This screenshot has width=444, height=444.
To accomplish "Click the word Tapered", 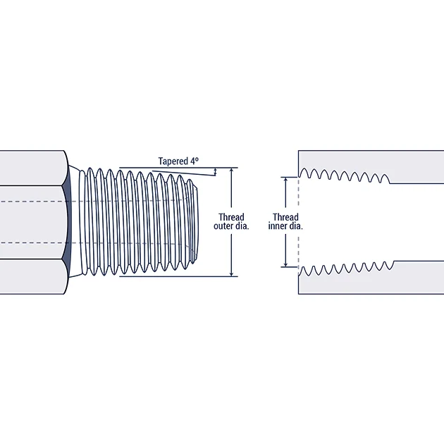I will (173, 161).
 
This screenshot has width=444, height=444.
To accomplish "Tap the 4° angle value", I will (195, 161).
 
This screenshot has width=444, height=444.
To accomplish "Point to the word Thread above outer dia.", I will (231, 217).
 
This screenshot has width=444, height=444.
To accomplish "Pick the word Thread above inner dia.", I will (285, 217).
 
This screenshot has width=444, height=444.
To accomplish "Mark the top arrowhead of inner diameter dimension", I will (285, 180).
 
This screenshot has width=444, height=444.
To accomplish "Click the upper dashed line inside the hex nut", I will (32, 202).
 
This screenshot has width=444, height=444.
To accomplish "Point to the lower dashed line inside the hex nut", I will (32, 242).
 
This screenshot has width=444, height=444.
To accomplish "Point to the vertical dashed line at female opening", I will (299, 222).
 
